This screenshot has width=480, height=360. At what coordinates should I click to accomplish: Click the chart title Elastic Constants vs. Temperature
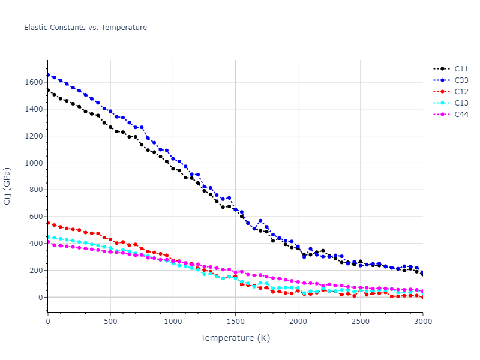coord(85,28)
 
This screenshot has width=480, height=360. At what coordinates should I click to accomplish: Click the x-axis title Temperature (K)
coord(235,338)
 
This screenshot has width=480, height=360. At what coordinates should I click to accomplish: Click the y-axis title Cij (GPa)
coord(8,187)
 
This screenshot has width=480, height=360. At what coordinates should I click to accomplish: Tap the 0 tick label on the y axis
coord(40,298)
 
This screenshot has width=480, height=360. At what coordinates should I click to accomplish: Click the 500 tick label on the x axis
coord(110,322)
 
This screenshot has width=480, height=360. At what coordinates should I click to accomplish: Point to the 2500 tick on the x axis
coord(360,322)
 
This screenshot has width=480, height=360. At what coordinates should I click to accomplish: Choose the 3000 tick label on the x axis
coord(422,322)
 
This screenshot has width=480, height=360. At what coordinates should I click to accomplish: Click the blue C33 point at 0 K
coord(48,75)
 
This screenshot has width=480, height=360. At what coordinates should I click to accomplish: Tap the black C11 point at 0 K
coord(48,90)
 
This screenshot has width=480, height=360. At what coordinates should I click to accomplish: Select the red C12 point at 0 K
coord(48,223)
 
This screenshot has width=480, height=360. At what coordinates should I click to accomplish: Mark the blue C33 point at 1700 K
coord(260,221)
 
